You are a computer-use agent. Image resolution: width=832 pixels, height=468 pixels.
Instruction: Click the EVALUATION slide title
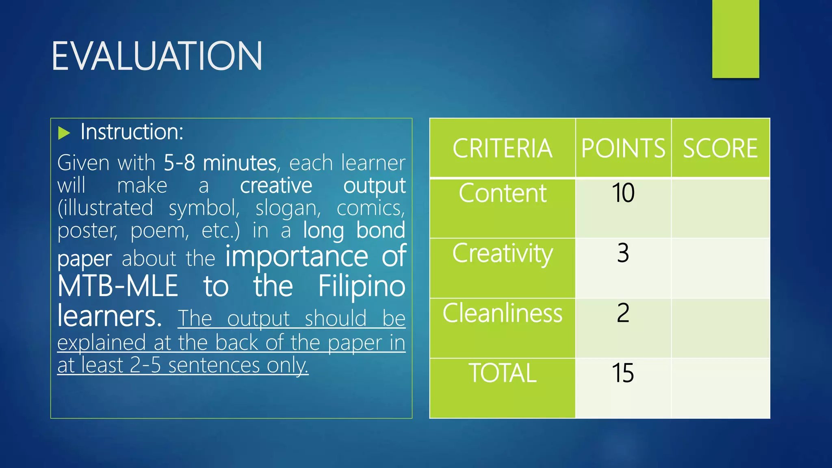tap(157, 56)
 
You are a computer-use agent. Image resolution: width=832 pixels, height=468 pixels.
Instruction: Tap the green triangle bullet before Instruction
tap(64, 133)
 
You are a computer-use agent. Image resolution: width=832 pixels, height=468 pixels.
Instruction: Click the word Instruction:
tap(132, 132)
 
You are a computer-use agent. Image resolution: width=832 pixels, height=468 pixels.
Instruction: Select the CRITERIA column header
tap(502, 148)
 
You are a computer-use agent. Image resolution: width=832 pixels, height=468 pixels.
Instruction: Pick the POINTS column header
tap(623, 148)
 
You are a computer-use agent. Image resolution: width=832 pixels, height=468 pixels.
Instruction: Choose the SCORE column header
tap(720, 148)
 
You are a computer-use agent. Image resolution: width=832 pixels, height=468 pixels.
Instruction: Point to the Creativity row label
tap(502, 253)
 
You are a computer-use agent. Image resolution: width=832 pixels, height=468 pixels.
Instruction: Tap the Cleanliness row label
tap(502, 313)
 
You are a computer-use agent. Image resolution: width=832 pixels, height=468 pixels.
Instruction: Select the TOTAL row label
tap(502, 373)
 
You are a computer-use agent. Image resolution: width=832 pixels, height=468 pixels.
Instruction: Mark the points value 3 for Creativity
tap(623, 253)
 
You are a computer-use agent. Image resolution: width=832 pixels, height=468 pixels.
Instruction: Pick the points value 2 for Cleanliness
tap(623, 313)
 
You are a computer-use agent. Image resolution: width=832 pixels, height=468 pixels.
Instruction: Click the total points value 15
tap(623, 373)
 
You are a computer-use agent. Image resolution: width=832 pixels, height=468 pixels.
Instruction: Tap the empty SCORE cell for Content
tap(720, 208)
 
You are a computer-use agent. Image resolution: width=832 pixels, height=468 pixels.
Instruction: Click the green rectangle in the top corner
tap(735, 39)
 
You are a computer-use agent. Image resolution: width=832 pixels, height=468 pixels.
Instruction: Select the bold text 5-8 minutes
tap(220, 163)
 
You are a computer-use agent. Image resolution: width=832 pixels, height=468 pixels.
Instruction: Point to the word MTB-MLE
tap(118, 286)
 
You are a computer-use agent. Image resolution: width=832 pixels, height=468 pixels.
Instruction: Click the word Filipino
tap(362, 286)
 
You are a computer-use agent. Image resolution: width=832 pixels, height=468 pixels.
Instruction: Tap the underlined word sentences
tap(214, 365)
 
